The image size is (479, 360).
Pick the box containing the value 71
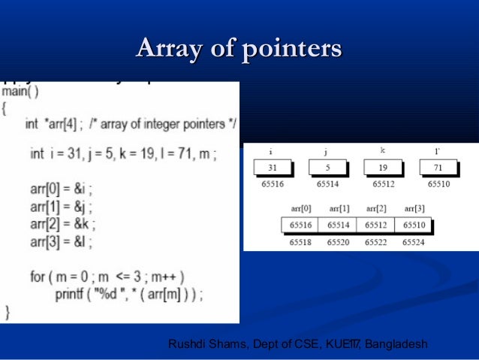click(x=438, y=168)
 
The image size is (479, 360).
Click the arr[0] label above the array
click(x=301, y=208)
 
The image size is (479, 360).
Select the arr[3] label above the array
click(x=415, y=208)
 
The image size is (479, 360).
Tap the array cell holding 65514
click(x=337, y=225)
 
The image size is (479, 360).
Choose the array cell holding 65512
click(x=375, y=225)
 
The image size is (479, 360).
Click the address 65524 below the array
click(x=413, y=242)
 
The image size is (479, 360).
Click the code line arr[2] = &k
click(x=62, y=224)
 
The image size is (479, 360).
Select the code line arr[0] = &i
click(x=62, y=188)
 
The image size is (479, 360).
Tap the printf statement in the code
click(x=128, y=293)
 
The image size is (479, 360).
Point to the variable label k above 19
click(x=382, y=151)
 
